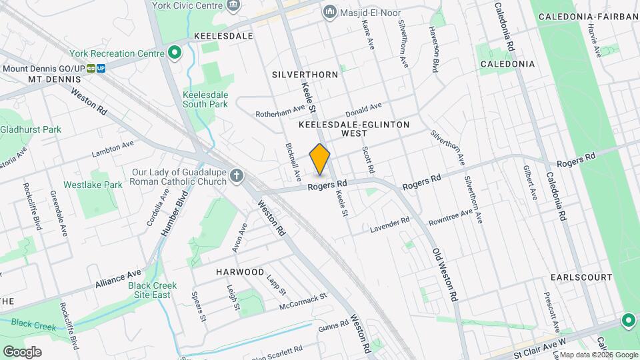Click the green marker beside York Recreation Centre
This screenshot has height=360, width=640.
175,53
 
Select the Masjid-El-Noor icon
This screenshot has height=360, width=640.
329,13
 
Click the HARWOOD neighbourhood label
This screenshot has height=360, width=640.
240,272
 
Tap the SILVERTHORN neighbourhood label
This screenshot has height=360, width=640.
305,75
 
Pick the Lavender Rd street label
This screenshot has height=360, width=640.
391,223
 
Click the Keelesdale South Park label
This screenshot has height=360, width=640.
205,99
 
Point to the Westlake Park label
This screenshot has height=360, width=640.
93,185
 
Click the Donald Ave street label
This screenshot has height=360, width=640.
364,108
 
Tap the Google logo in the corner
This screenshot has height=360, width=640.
21,351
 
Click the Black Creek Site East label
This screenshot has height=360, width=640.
153,290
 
